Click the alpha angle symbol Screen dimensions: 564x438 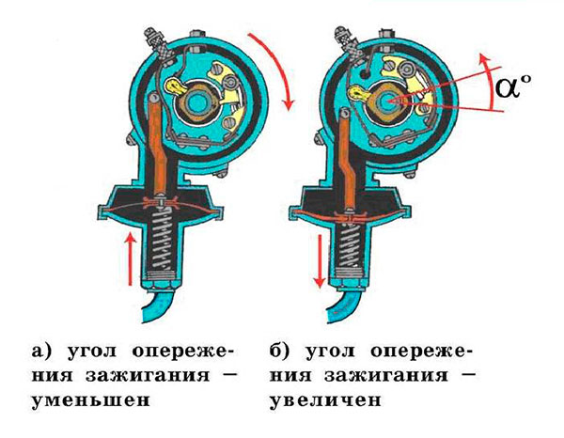pyautogui.click(x=509, y=87)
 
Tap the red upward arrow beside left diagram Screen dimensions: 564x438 pyautogui.click(x=132, y=258)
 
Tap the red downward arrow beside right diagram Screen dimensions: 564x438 pyautogui.click(x=319, y=261)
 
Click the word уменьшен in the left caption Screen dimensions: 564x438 pyautogui.click(x=90, y=399)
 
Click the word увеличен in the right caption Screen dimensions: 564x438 pyautogui.click(x=325, y=399)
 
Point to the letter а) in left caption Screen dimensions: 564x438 pyautogui.click(x=40, y=351)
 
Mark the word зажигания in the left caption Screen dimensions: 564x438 pyautogui.click(x=148, y=376)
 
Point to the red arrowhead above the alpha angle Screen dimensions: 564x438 pyautogui.click(x=485, y=60)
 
